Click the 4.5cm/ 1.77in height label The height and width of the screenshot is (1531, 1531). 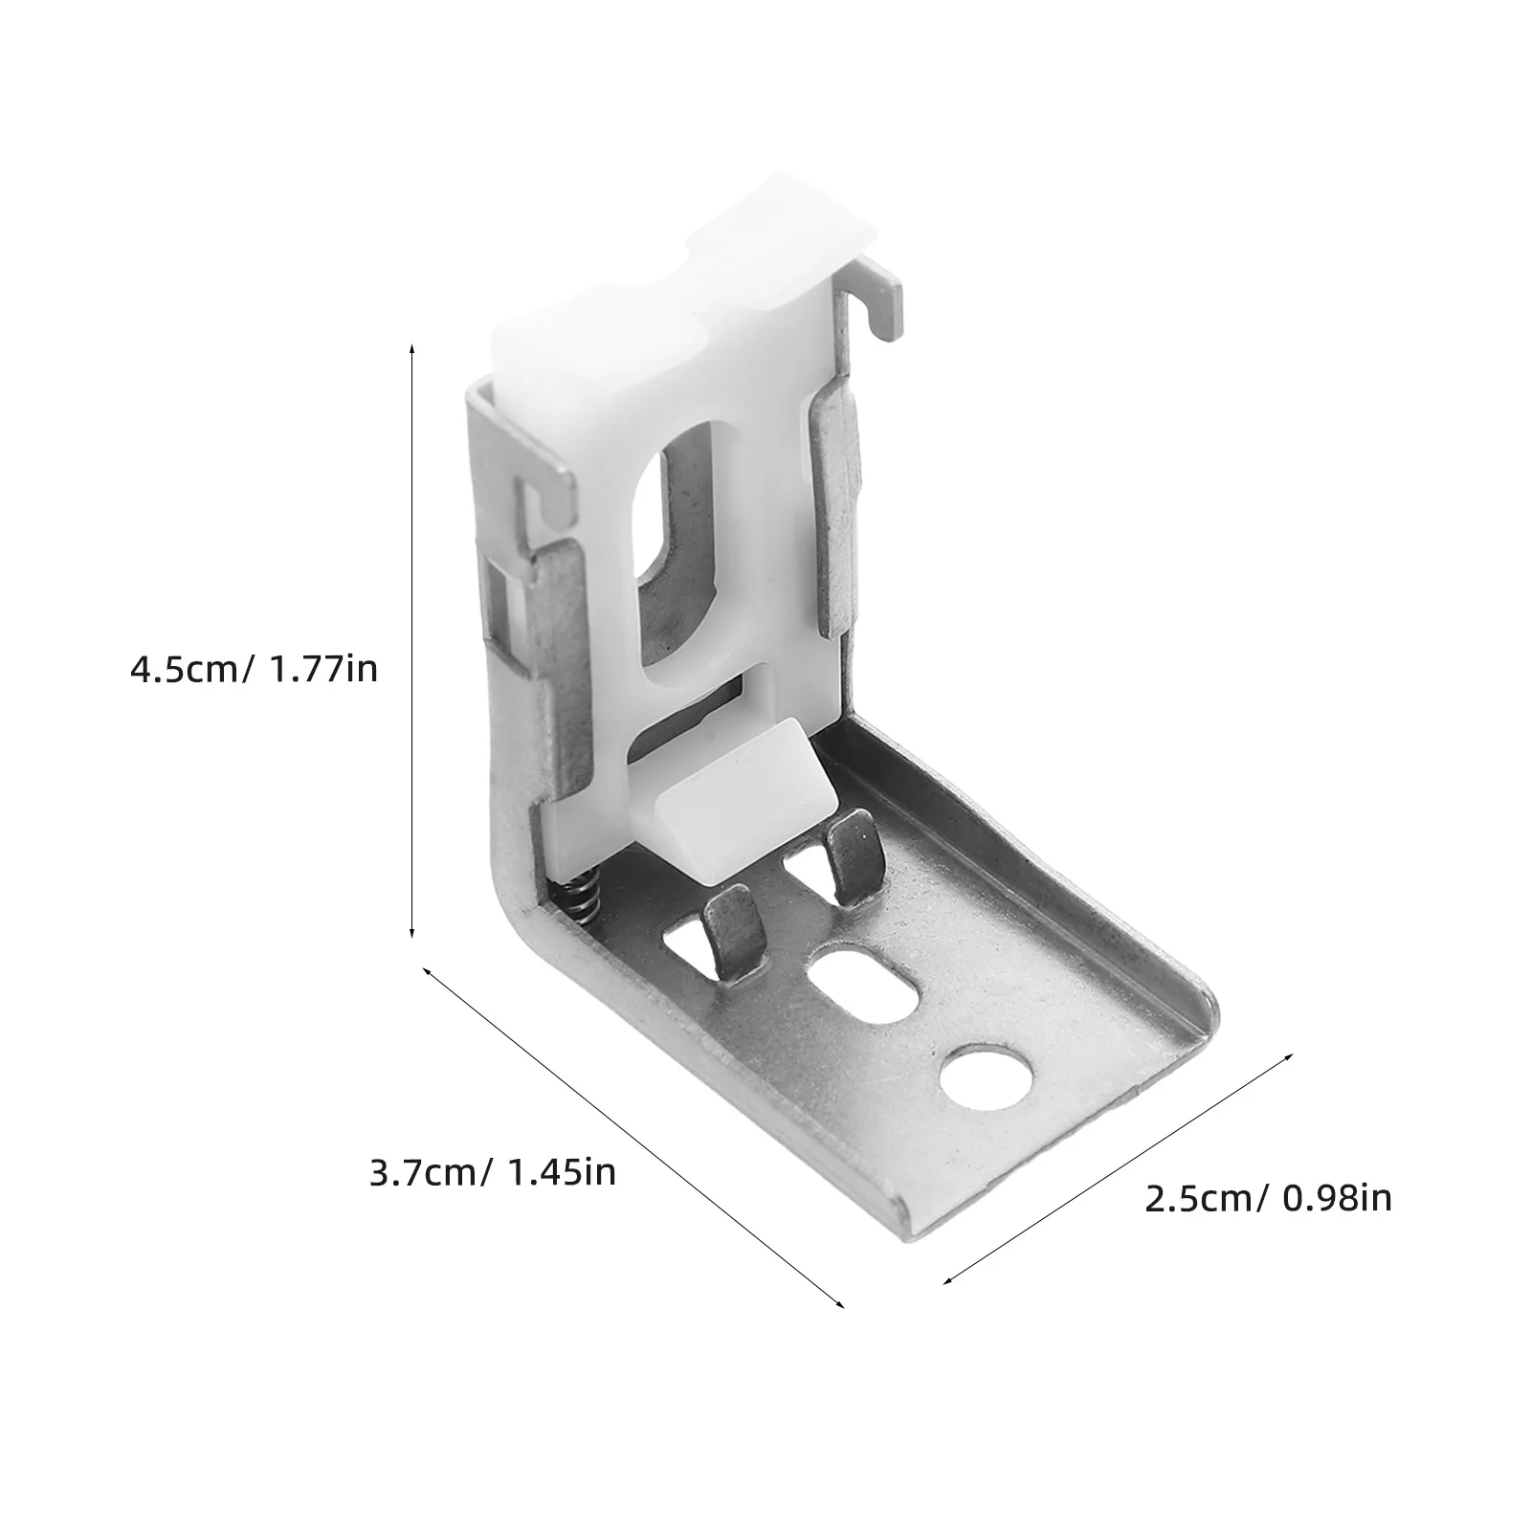coord(254,668)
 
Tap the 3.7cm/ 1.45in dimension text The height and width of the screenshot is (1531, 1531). coord(492,1172)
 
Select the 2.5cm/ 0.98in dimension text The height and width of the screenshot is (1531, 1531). coord(1268,1199)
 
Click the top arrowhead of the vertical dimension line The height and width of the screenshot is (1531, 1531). coord(412,347)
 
